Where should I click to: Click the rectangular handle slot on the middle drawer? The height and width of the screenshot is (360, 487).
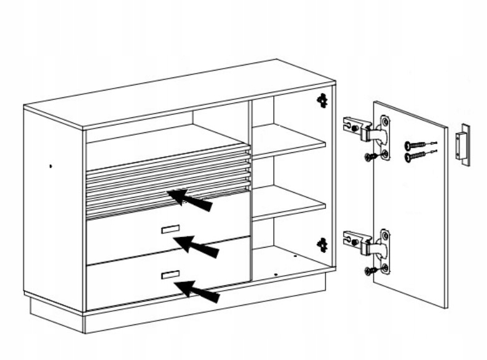(x=170, y=228)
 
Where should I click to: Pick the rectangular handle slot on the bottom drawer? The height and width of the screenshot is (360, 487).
(x=170, y=275)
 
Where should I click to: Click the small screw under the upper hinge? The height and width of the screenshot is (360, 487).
(x=370, y=157)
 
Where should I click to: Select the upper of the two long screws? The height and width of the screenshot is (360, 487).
(x=415, y=144)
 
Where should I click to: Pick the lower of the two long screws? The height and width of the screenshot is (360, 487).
(x=415, y=156)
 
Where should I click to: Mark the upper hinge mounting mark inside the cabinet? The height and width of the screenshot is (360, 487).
(x=322, y=99)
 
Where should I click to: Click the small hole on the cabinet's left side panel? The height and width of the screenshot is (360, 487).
(x=51, y=166)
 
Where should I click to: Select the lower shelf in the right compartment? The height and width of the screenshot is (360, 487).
(x=288, y=201)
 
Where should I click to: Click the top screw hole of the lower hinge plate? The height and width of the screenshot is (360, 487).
(x=385, y=236)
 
